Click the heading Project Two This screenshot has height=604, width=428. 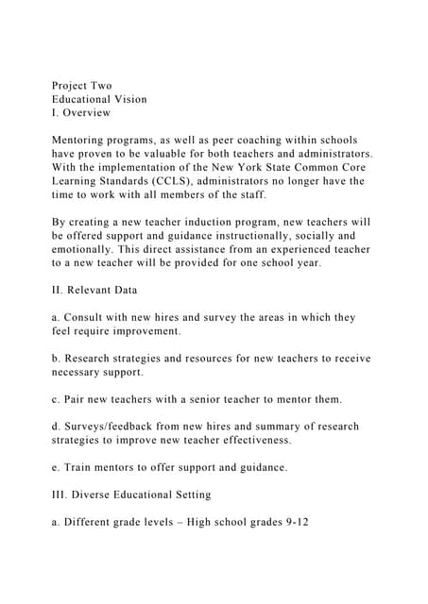click(x=82, y=85)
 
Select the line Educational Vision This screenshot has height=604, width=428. click(x=99, y=99)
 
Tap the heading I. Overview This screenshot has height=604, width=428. click(x=83, y=113)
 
